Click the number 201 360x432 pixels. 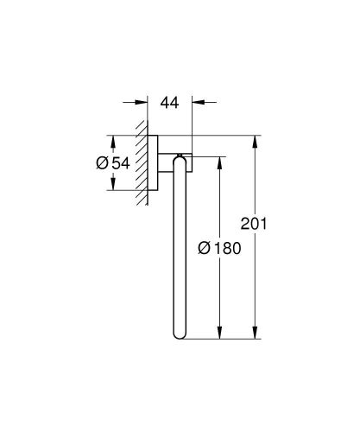(274, 226)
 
